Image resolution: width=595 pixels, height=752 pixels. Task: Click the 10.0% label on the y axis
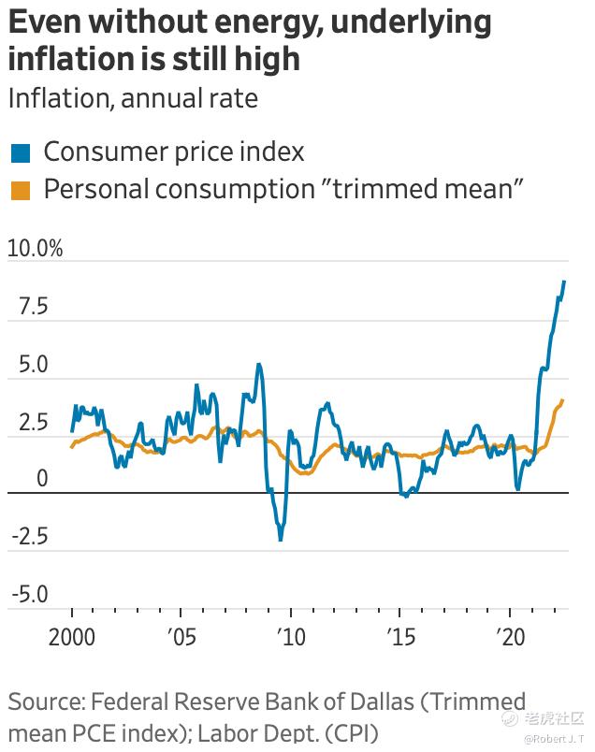click(35, 249)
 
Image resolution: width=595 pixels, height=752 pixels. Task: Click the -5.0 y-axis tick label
click(29, 595)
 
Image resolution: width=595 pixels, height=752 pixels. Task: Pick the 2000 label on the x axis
click(71, 638)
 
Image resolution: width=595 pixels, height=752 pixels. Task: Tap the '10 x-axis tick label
click(290, 638)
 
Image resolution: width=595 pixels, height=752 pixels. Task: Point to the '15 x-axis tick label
click(399, 638)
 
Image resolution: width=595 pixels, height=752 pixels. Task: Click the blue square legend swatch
click(20, 152)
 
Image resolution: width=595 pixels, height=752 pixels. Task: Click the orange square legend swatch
click(20, 190)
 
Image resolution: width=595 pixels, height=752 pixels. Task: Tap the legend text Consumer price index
click(174, 152)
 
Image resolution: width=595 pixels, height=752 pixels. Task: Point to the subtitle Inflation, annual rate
click(132, 97)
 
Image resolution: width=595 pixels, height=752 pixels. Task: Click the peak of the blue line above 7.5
click(563, 282)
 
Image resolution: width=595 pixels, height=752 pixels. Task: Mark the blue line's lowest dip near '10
click(280, 540)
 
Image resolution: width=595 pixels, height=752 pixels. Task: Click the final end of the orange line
click(562, 400)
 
